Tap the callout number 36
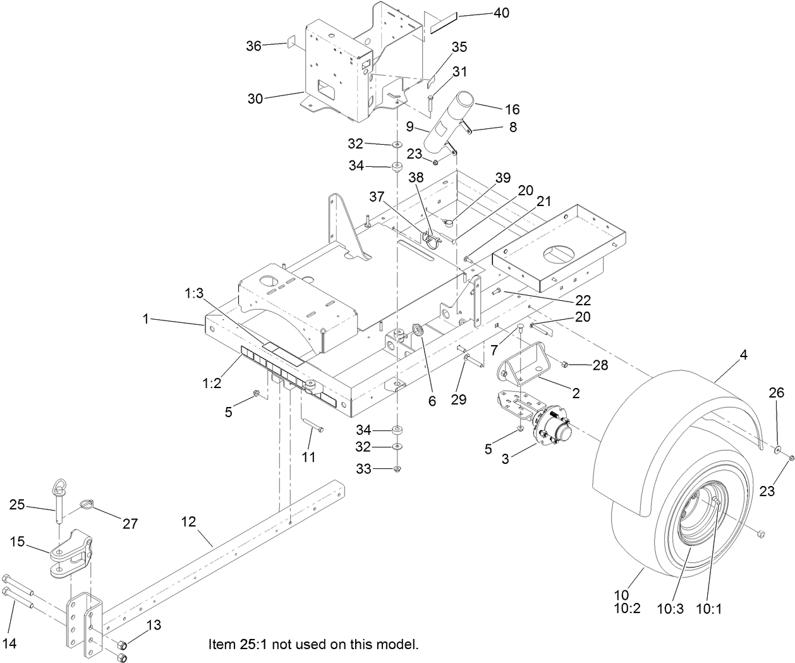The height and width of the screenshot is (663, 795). [253, 46]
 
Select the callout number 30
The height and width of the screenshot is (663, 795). [255, 99]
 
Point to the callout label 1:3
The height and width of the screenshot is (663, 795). [195, 293]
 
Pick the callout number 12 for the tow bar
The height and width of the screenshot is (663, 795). [188, 522]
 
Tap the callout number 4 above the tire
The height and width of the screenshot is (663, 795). [743, 355]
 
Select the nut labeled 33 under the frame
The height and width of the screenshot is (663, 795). [397, 469]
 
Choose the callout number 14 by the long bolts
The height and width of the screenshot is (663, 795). [9, 643]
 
